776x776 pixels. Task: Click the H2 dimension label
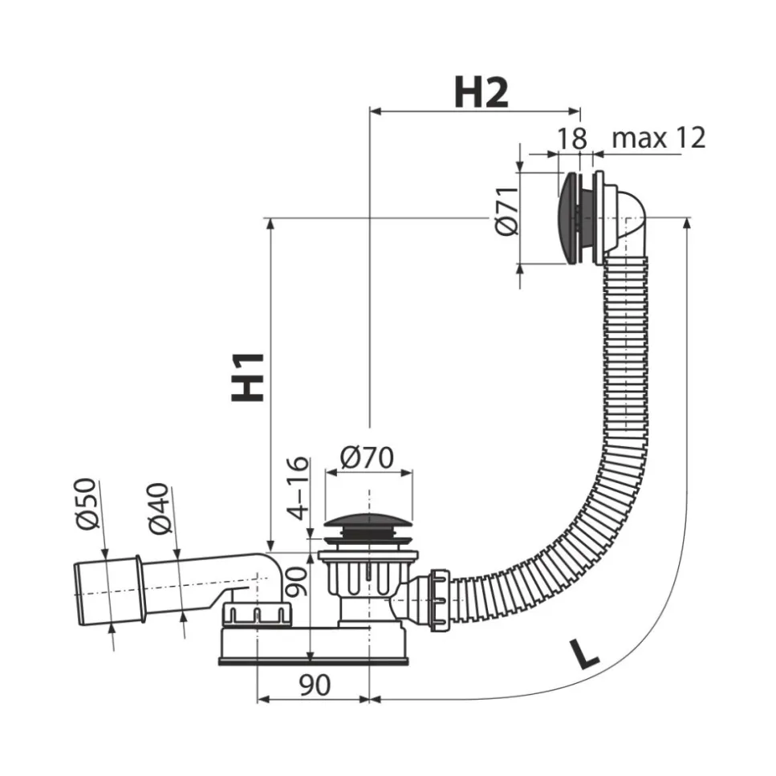(x=481, y=93)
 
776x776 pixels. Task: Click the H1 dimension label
(x=250, y=376)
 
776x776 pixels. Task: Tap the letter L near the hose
(x=587, y=653)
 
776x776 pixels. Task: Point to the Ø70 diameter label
(x=366, y=458)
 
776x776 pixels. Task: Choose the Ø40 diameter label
(x=160, y=509)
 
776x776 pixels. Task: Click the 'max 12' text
(x=658, y=138)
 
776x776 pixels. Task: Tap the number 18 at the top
(x=572, y=138)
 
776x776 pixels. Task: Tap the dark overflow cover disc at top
(x=568, y=217)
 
